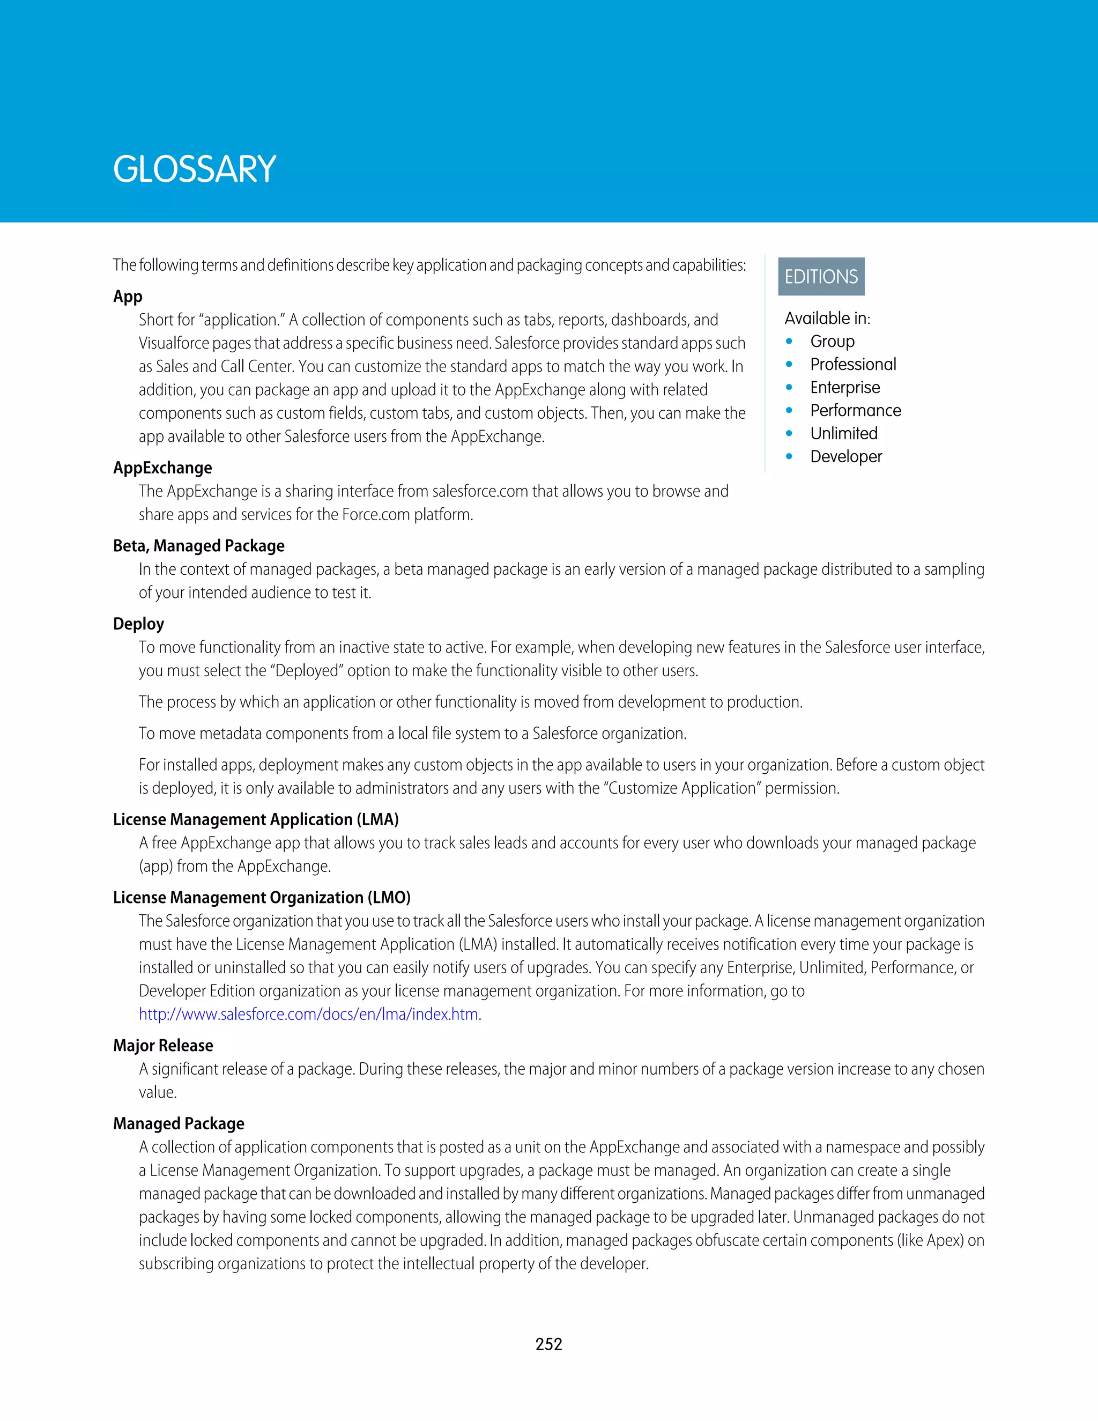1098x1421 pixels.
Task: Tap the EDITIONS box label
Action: coord(821,277)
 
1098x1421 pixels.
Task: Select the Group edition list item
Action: coord(832,341)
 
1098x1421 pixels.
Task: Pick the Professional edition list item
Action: coord(853,364)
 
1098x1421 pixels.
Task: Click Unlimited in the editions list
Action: coord(844,433)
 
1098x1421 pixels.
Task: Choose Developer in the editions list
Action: coord(845,457)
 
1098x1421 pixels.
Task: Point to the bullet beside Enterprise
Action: coord(789,387)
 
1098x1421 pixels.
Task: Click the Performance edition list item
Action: coord(855,411)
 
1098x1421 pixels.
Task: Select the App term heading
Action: coord(128,297)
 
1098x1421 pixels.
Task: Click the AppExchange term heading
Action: coord(162,468)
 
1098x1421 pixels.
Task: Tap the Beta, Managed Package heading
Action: coord(198,546)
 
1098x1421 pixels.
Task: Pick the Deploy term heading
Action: coord(138,624)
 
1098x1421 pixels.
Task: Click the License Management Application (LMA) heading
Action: coord(256,819)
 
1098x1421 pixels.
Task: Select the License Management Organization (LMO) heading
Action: coord(262,897)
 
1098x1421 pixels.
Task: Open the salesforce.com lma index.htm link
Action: coord(309,1015)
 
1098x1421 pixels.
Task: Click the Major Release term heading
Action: coord(162,1046)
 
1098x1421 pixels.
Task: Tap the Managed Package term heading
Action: coord(178,1123)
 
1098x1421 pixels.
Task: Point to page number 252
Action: coord(548,1344)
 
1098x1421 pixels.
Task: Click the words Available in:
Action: coord(827,318)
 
